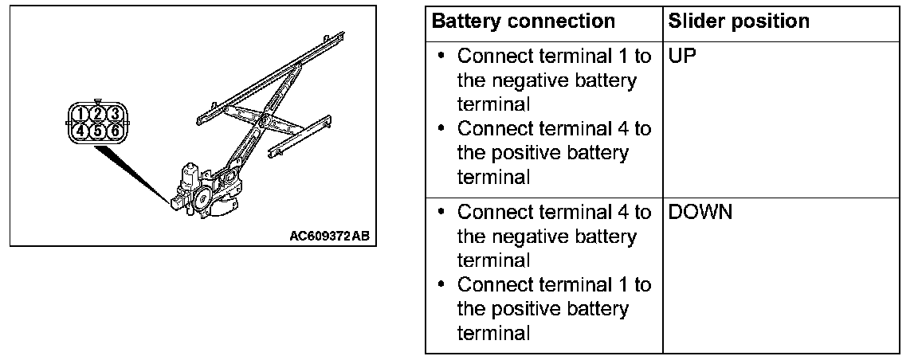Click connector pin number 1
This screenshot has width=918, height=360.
click(80, 113)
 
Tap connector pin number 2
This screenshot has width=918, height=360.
click(96, 113)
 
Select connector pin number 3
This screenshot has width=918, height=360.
click(114, 113)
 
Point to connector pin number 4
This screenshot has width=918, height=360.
click(80, 130)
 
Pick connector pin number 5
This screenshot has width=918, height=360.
click(96, 130)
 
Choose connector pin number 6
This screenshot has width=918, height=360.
click(114, 130)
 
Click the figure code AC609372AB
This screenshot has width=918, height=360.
click(330, 237)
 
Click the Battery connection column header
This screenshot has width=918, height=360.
click(523, 22)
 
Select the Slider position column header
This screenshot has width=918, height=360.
click(739, 22)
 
